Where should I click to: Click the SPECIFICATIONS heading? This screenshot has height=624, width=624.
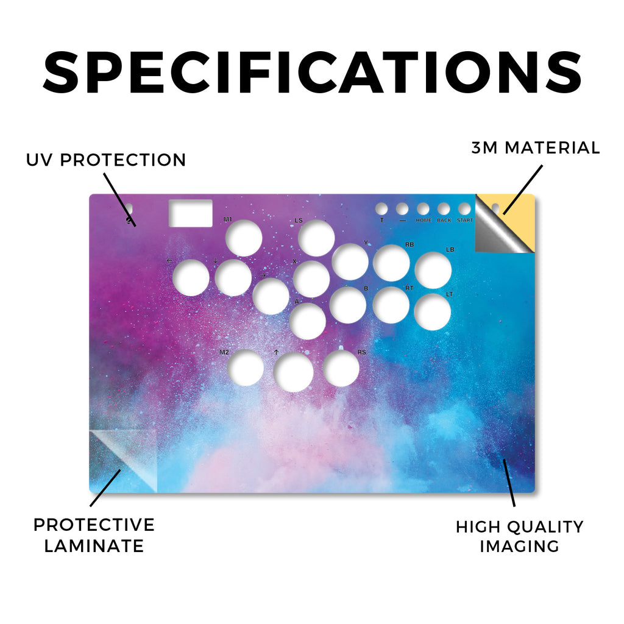tap(313, 73)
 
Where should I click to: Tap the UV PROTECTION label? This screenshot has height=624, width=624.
tap(106, 160)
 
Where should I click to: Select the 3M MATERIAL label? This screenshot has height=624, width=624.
tap(536, 147)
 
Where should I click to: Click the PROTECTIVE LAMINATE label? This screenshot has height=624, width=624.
tap(94, 535)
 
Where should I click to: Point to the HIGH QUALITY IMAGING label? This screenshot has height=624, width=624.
tap(520, 536)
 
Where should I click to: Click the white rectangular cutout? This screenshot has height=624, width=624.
tap(191, 213)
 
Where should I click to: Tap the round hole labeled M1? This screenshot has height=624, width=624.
tap(244, 238)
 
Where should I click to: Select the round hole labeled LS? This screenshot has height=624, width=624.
tap(316, 238)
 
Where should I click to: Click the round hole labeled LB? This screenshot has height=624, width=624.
tap(433, 270)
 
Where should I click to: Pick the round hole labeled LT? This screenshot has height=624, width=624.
tap(433, 312)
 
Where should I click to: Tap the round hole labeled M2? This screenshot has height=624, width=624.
tap(246, 368)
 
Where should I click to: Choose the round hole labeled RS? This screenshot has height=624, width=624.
tap(341, 368)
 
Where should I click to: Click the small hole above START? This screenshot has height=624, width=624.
tap(464, 209)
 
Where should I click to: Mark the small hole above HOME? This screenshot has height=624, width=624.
tap(423, 209)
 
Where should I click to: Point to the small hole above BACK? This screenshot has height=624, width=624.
tap(444, 209)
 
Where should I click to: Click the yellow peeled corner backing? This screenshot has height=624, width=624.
tap(517, 215)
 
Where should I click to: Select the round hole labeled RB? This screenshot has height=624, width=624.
tap(391, 263)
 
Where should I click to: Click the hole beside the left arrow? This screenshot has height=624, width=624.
tap(191, 277)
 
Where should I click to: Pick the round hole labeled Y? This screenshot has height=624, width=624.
tap(350, 261)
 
